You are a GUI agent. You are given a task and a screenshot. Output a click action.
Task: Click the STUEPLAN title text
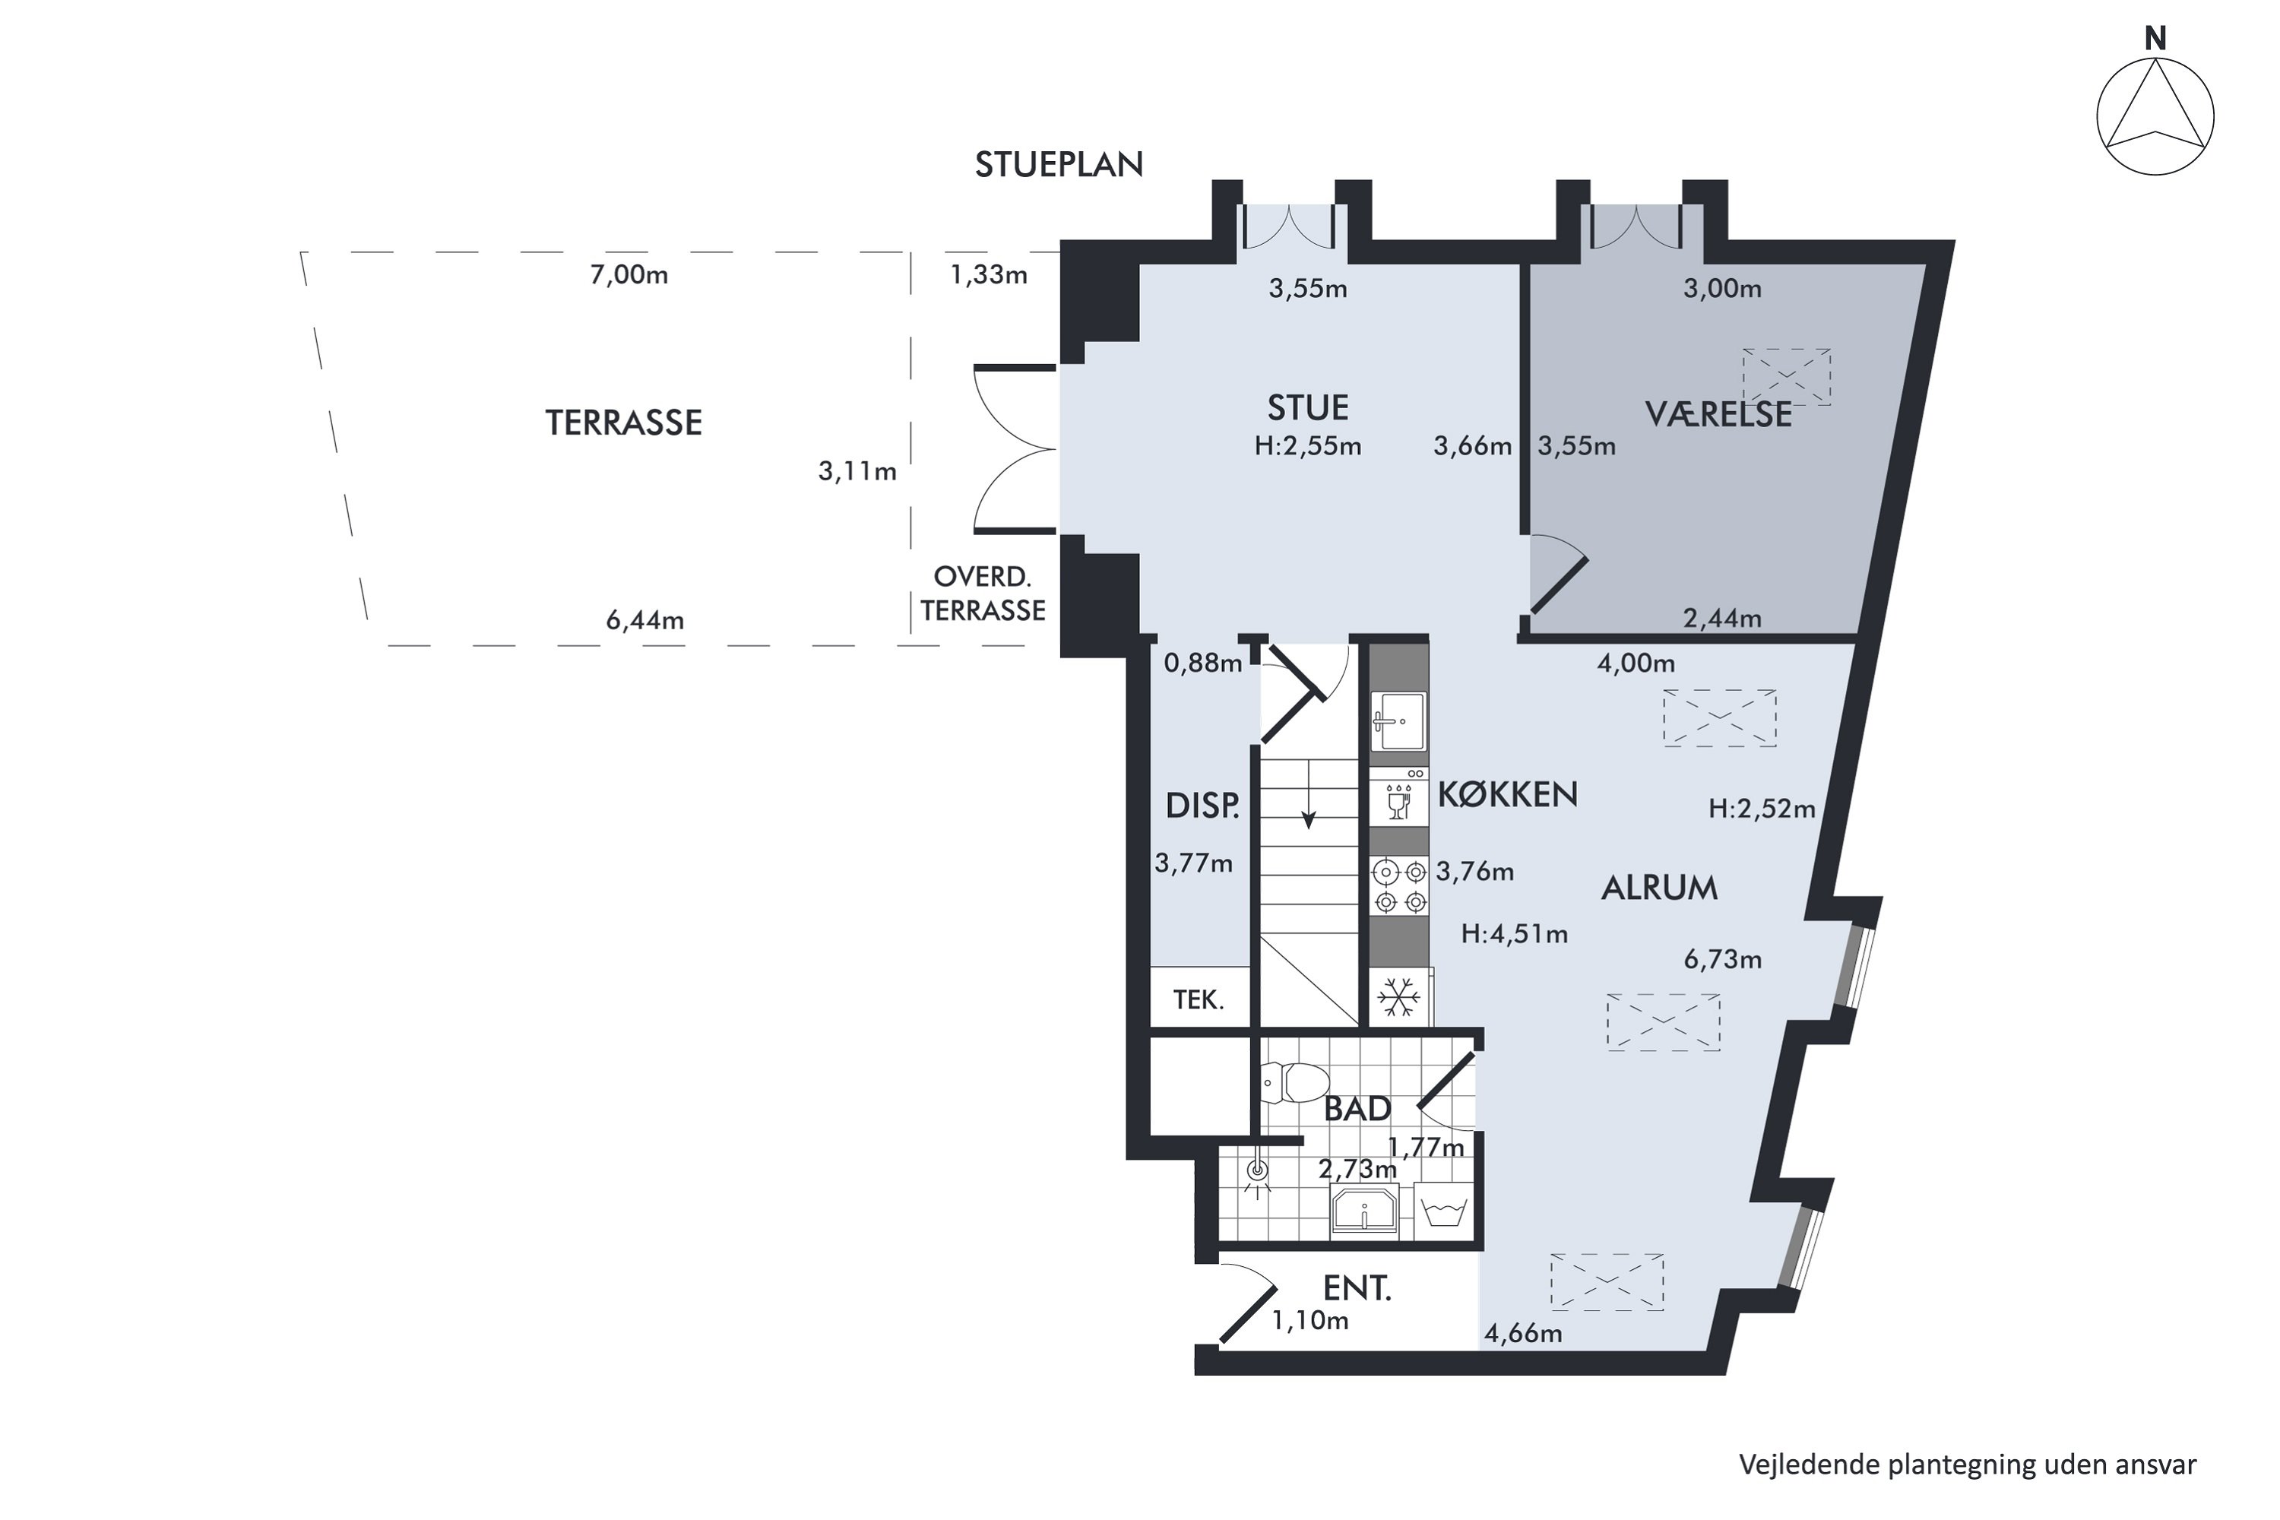coord(1059,165)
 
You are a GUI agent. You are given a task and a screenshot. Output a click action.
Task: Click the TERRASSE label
coord(623,423)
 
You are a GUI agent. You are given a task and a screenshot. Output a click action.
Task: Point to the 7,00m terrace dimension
coord(629,274)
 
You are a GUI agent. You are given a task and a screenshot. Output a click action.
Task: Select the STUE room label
coord(1308,408)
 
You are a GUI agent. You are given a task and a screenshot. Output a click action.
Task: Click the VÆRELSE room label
coord(1718,414)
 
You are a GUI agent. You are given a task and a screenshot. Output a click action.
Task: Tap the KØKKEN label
coord(1507,795)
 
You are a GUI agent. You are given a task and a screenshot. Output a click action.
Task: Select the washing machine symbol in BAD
coord(1445,1211)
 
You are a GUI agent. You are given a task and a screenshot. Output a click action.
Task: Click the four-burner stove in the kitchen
coord(1400,887)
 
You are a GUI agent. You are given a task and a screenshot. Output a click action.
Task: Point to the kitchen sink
coord(1400,721)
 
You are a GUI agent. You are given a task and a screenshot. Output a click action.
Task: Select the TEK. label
coord(1199,999)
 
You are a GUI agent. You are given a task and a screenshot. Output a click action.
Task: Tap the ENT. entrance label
coord(1357,1288)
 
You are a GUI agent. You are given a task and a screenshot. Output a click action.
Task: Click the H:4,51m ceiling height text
coord(1514,933)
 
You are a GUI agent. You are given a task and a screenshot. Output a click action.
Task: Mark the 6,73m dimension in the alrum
coord(1723,960)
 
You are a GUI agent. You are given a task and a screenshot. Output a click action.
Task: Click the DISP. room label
coord(1202,806)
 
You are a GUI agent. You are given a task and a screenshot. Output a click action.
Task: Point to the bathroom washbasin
coord(1364,1211)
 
